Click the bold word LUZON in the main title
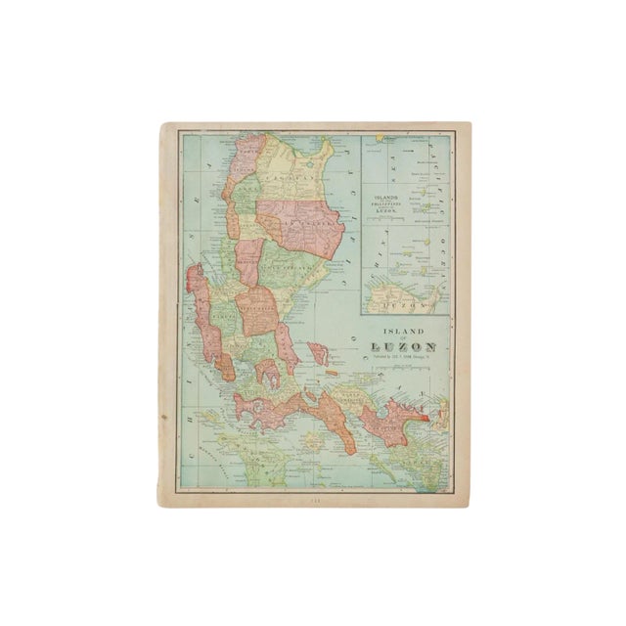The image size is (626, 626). point(404,348)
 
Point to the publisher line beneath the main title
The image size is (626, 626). point(404,360)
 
